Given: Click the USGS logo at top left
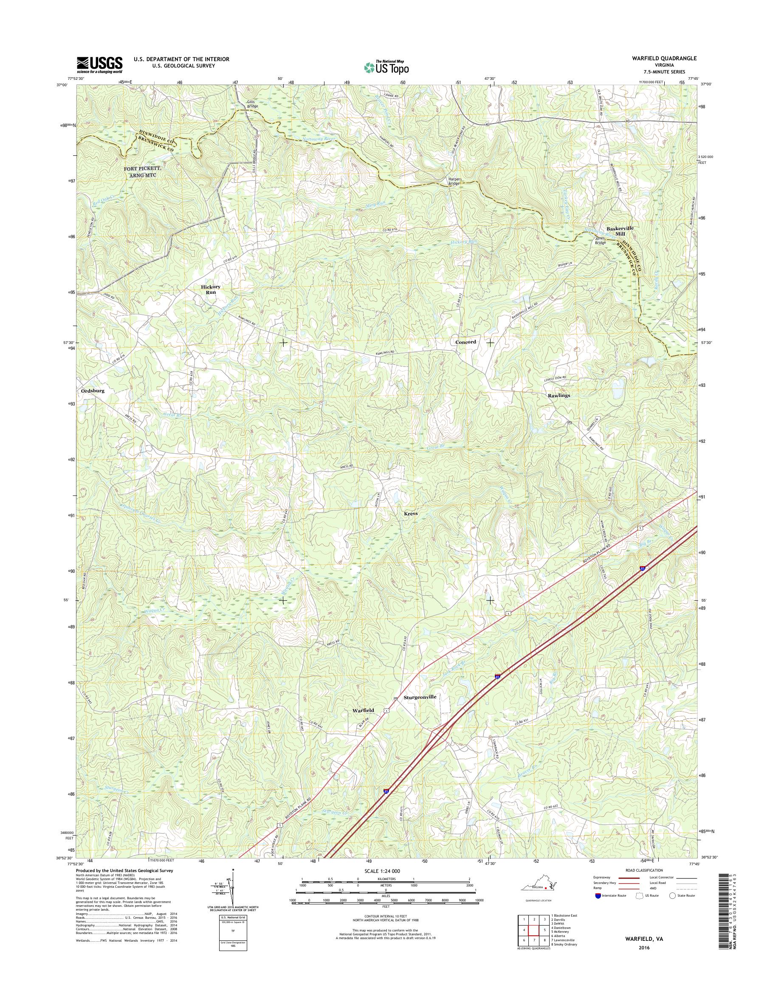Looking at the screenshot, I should [x=99, y=65].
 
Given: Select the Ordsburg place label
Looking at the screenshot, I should [x=92, y=391].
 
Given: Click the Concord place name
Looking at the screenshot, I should [x=465, y=342].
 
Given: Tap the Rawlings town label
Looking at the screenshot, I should [x=559, y=395].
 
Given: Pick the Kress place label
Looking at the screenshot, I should [x=411, y=514].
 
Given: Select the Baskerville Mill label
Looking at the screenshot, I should [x=620, y=231].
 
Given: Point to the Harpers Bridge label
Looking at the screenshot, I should [x=455, y=181].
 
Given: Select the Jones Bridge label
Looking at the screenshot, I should [x=600, y=240].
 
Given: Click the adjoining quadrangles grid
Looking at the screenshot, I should [x=533, y=930].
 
